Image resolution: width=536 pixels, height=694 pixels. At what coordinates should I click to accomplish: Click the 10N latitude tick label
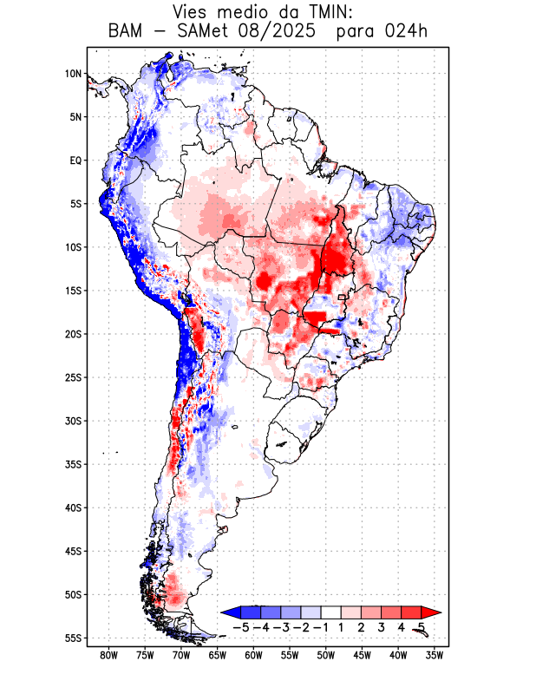73,74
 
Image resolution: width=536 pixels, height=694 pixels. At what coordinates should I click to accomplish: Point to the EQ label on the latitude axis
75,160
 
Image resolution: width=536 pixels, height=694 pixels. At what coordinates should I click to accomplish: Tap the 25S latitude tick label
73,377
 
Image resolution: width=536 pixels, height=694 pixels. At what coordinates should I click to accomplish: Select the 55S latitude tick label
73,638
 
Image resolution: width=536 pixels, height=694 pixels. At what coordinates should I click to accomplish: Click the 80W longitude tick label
108,655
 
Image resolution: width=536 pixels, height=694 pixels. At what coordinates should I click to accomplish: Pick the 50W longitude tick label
326,655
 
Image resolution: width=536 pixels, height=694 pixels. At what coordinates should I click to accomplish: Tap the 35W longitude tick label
435,655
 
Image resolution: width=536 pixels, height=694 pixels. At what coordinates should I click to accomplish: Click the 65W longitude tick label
217,655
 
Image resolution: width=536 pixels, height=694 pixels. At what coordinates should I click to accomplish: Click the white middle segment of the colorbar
330,612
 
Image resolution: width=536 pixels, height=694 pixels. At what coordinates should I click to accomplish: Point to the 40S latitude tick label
73,507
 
